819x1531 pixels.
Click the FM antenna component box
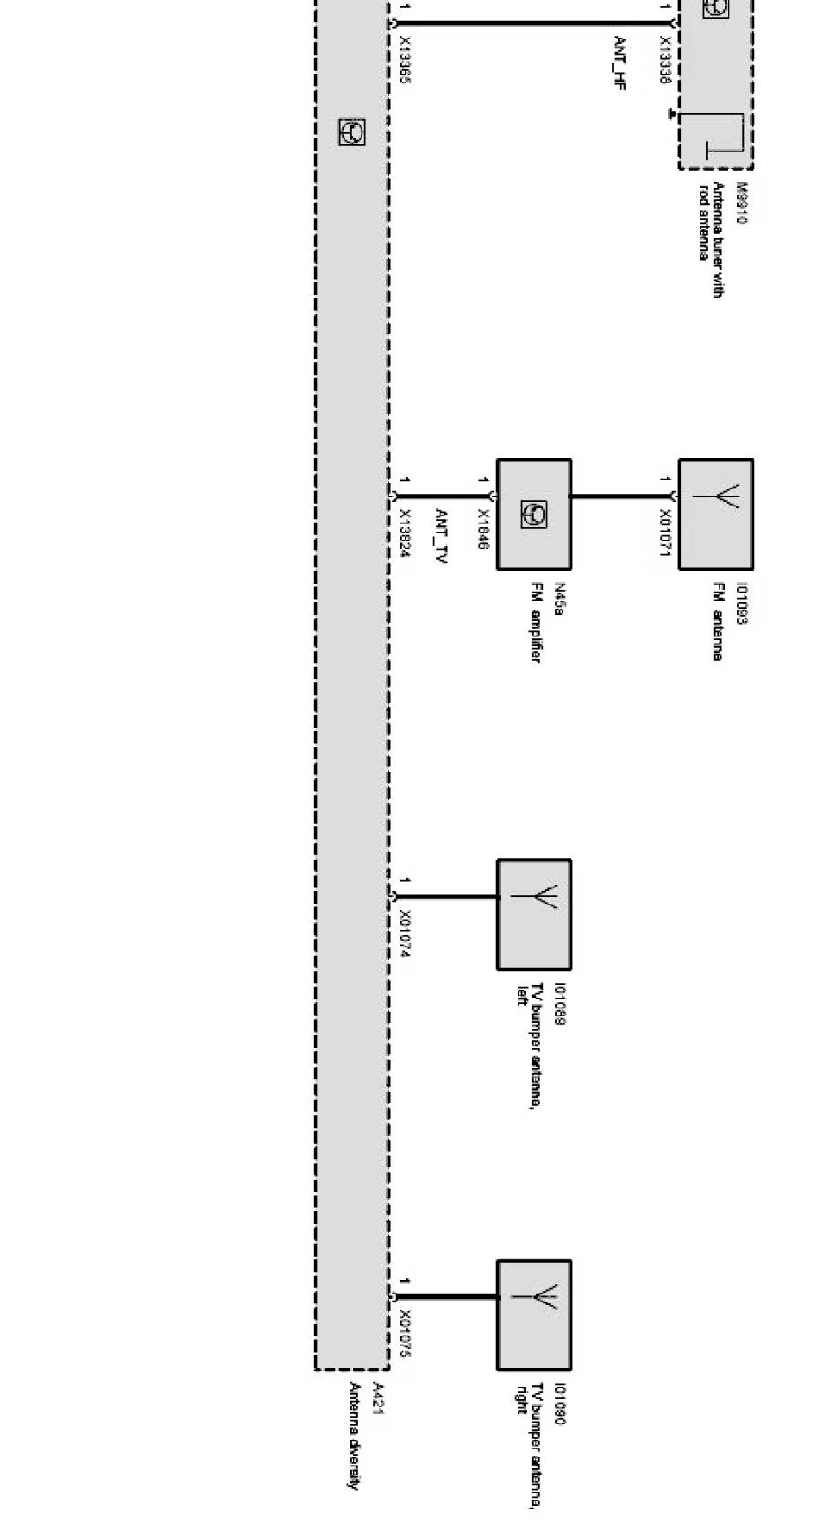click(x=715, y=515)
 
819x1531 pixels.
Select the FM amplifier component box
click(x=534, y=515)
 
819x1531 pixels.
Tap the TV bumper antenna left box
click(x=534, y=914)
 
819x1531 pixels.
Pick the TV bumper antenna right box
click(x=534, y=1314)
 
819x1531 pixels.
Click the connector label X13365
click(x=405, y=61)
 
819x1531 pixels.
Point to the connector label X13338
click(x=665, y=61)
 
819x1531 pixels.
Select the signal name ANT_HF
click(x=620, y=64)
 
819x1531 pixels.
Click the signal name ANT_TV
click(x=440, y=536)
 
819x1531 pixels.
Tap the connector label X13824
click(x=405, y=534)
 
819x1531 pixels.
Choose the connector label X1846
click(x=483, y=529)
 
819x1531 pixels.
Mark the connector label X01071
click(x=665, y=534)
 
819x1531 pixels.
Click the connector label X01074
click(x=405, y=935)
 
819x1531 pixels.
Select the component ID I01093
click(x=741, y=604)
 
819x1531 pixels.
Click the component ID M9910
click(x=742, y=203)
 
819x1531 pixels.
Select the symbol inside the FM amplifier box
click(x=534, y=515)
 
